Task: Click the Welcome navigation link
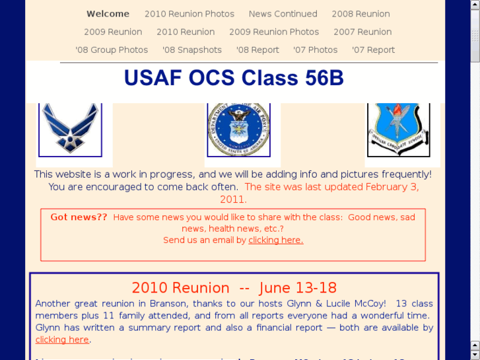pos(108,14)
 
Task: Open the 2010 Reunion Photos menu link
pos(189,14)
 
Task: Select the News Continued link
pos(283,14)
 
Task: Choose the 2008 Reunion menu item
pos(360,14)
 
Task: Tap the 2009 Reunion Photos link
pos(273,32)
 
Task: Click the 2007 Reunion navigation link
pos(362,32)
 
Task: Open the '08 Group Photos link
pos(112,50)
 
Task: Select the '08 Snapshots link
pos(191,50)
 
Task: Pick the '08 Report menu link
pos(257,50)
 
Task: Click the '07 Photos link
pos(315,50)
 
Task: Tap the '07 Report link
pos(373,50)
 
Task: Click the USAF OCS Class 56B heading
pos(234,78)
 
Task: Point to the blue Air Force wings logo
pos(70,129)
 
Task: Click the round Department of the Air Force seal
pos(238,129)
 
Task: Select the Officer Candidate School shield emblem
pos(397,129)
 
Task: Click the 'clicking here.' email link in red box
pos(275,240)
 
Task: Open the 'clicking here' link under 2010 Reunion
pos(62,340)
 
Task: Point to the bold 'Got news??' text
pos(79,217)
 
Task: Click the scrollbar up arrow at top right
pos(475,5)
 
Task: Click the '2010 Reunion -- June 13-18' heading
pos(234,288)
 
